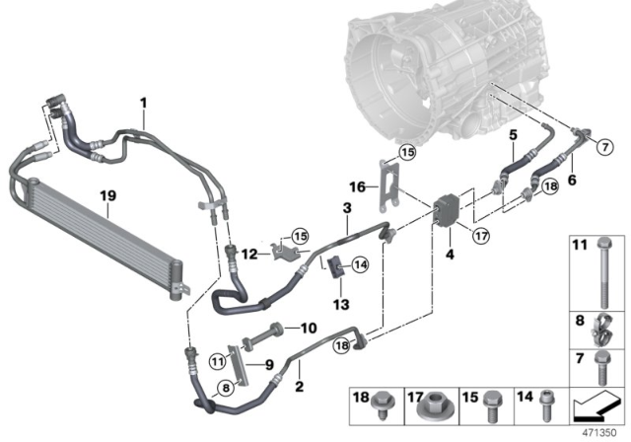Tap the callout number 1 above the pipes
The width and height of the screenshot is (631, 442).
[x=142, y=103]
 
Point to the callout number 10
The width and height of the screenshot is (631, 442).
[x=309, y=328]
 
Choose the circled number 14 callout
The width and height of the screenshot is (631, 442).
[x=359, y=263]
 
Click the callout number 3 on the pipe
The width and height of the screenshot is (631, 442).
[x=347, y=209]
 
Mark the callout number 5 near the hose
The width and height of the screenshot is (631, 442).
[x=514, y=132]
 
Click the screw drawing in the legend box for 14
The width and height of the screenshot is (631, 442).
[x=552, y=405]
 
